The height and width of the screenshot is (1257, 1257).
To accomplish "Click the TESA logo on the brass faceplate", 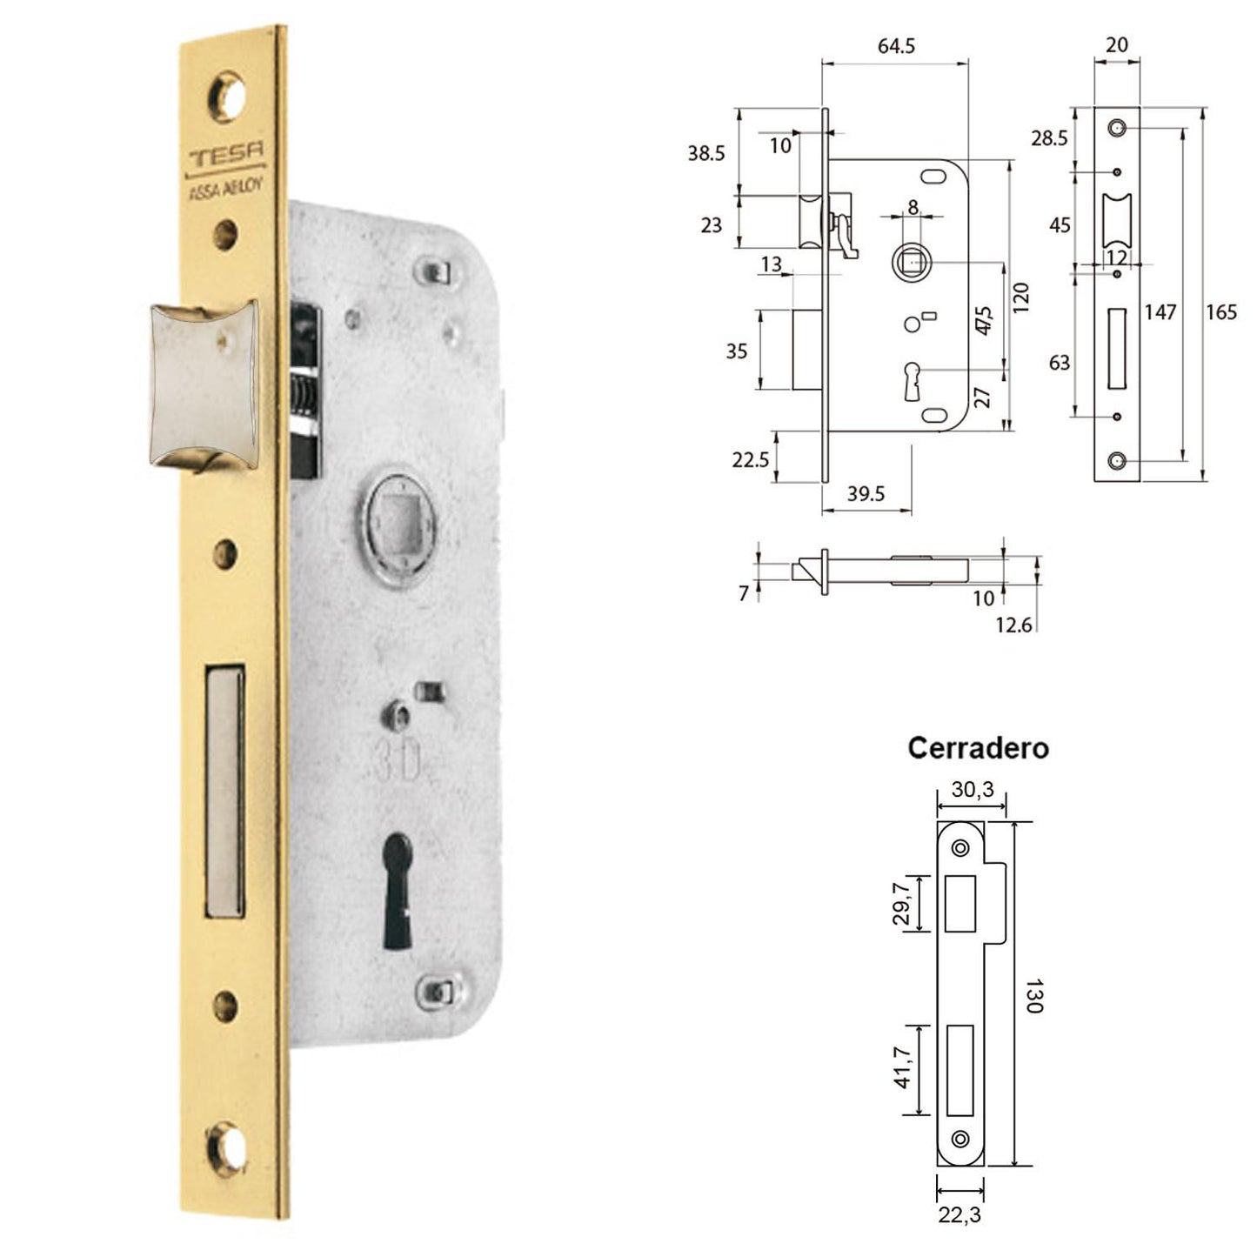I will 227,157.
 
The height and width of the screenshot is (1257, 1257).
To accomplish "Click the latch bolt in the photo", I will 204,384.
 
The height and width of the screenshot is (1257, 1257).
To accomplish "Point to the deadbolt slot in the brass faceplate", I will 224,790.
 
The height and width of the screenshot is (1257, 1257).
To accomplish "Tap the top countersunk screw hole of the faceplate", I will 230,96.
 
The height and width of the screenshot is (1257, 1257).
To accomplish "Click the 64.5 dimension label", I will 895,46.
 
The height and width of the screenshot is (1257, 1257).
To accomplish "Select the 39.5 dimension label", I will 866,494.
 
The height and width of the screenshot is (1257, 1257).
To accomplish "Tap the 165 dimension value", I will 1220,312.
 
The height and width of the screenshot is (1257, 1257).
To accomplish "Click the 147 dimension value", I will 1160,312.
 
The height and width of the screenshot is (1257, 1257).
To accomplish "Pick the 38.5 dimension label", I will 705,154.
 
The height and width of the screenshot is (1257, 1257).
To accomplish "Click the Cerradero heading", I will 978,747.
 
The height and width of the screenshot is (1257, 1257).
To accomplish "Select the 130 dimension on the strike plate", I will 1033,995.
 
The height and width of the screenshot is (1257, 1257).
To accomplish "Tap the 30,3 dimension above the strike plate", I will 971,789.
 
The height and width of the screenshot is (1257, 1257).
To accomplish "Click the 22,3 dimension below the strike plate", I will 959,1215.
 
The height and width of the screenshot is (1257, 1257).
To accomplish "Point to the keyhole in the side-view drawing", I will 913,381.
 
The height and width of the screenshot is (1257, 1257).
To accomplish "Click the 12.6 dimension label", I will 1013,625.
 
